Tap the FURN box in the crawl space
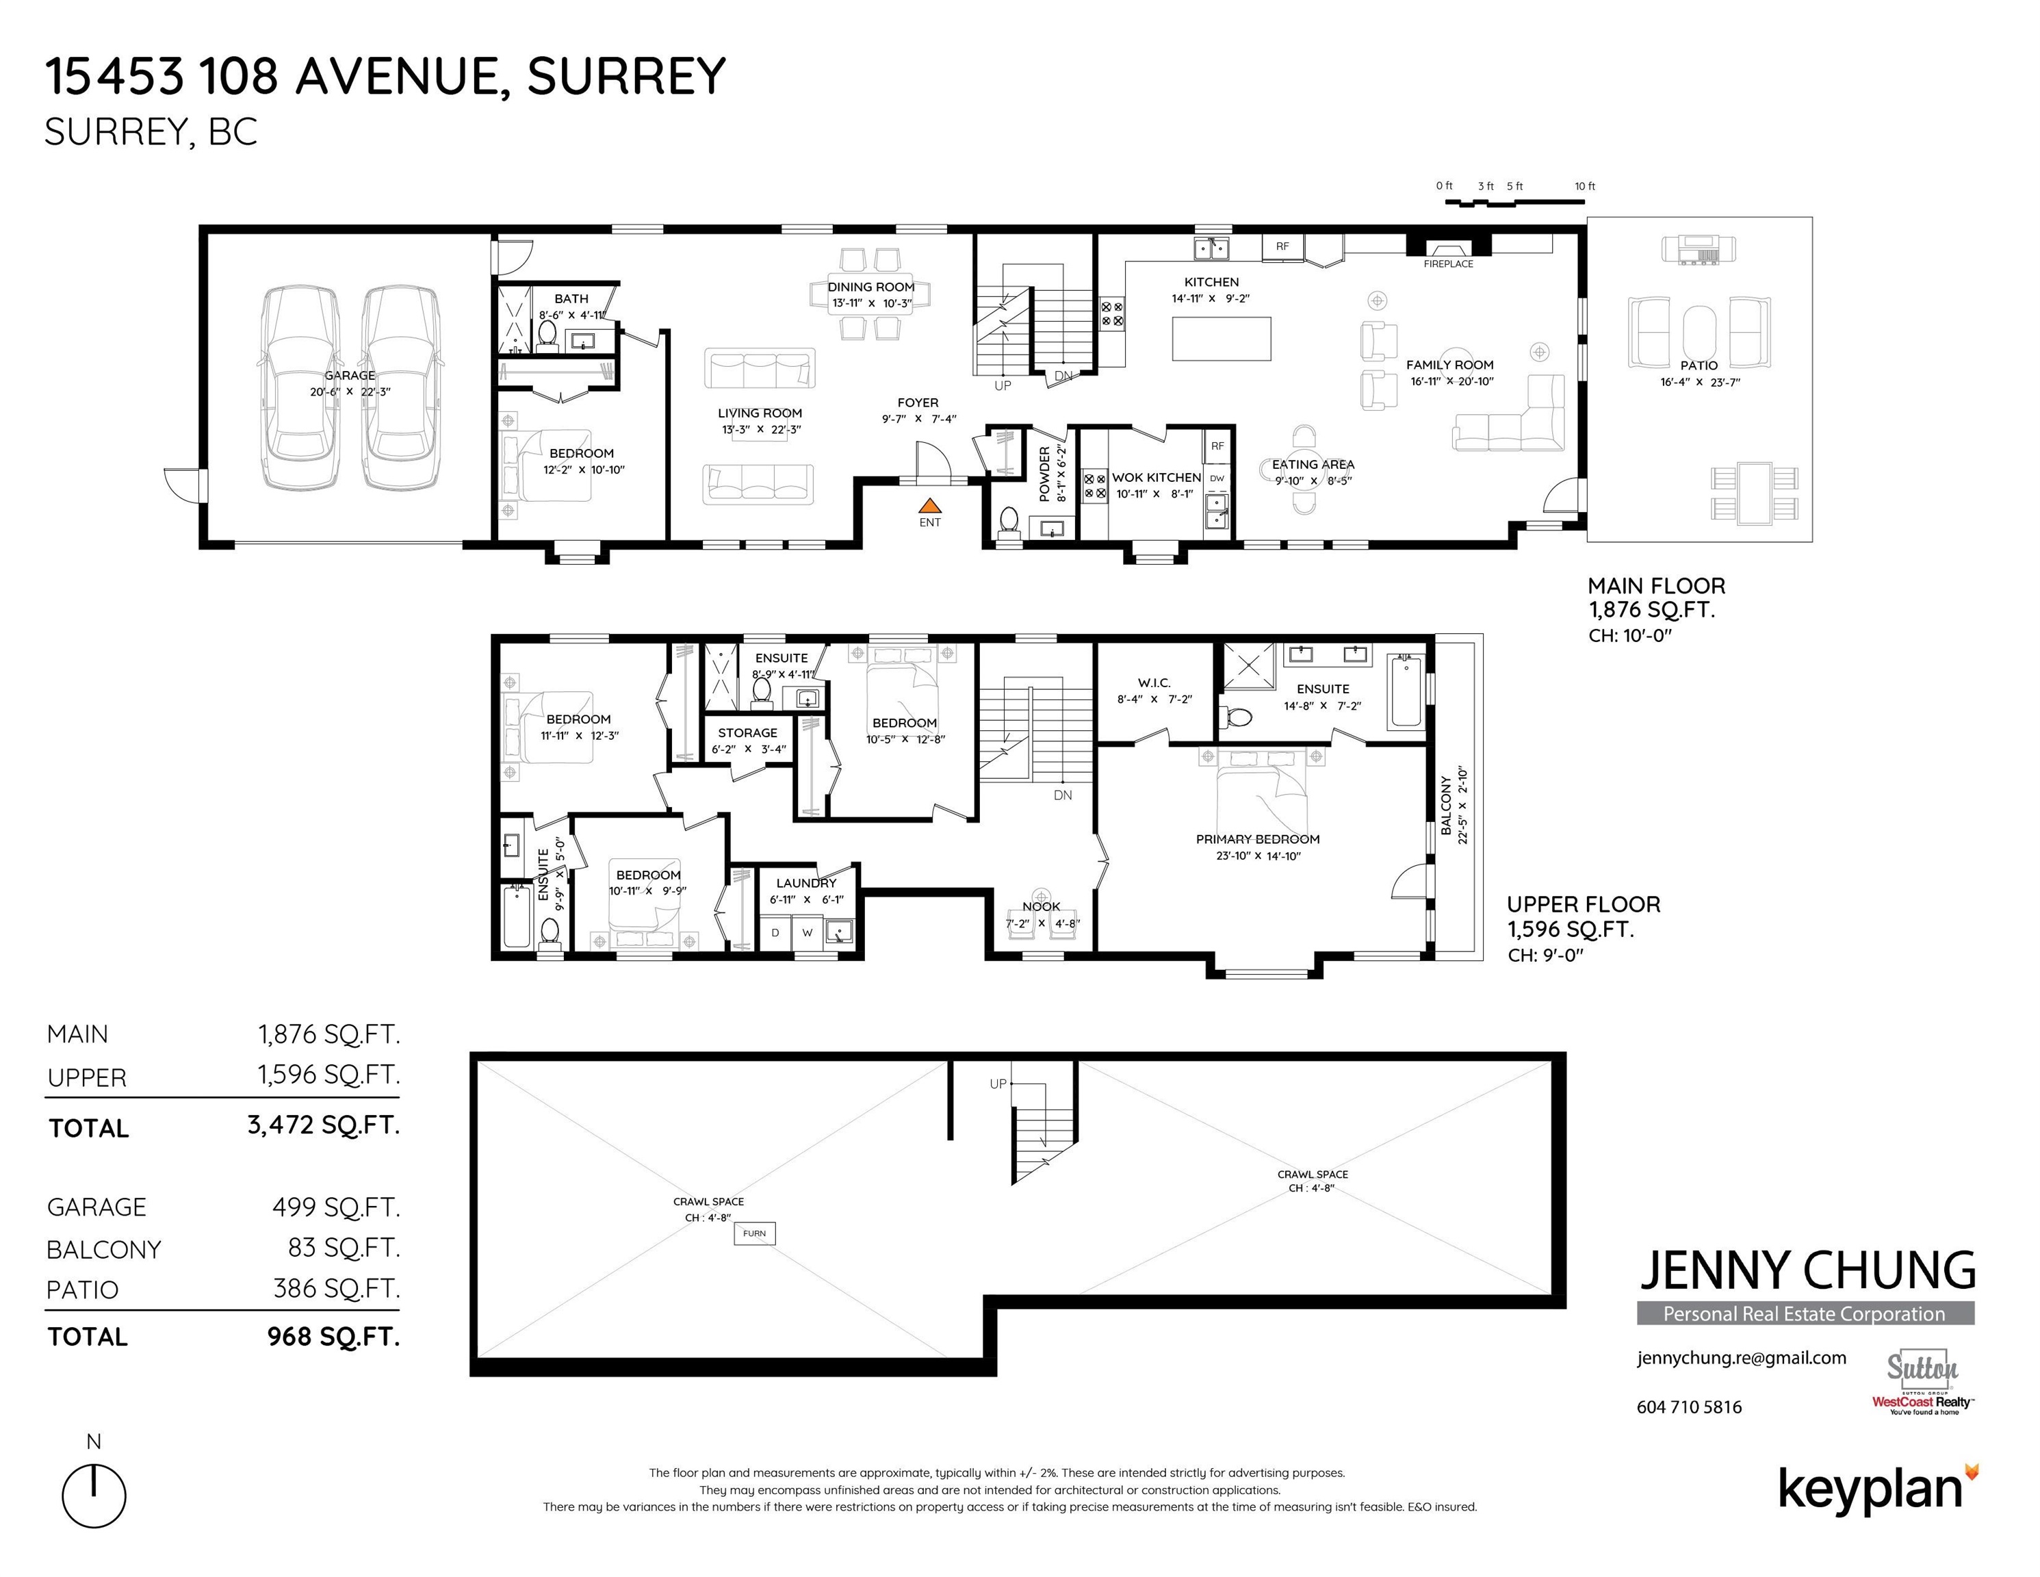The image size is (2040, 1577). pyautogui.click(x=755, y=1233)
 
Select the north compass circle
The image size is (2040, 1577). pyautogui.click(x=94, y=1496)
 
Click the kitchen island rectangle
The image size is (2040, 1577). pyautogui.click(x=1222, y=338)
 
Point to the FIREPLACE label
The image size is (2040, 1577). pyautogui.click(x=1448, y=264)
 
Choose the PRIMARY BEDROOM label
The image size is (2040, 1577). pyautogui.click(x=1257, y=839)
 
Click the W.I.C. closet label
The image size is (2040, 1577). pyautogui.click(x=1154, y=683)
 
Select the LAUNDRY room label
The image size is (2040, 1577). pyautogui.click(x=806, y=883)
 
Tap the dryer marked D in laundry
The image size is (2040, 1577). pyautogui.click(x=775, y=932)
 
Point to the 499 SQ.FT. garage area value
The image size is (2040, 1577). pyautogui.click(x=336, y=1207)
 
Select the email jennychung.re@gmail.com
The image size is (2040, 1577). pyautogui.click(x=1741, y=1359)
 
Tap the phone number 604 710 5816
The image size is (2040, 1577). pyautogui.click(x=1689, y=1407)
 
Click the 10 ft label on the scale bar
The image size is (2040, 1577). pyautogui.click(x=1585, y=187)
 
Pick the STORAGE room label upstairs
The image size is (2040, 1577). pyautogui.click(x=747, y=733)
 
